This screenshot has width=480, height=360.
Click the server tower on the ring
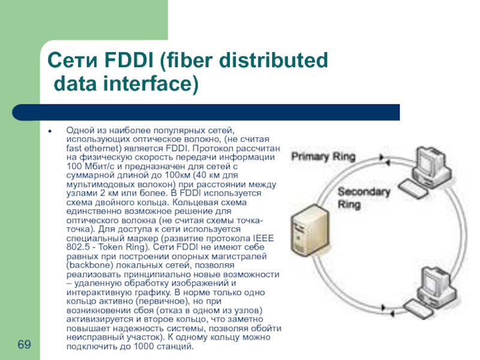pos(307,234)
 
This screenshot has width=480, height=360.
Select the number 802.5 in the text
pos(77,247)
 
